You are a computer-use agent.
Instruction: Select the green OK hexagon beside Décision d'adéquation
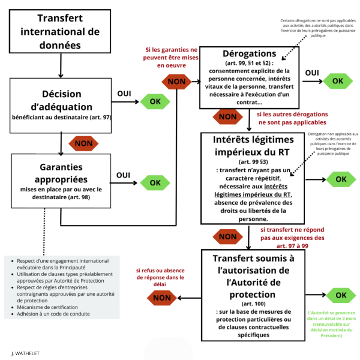155,101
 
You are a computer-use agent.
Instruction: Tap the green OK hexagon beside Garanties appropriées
155,182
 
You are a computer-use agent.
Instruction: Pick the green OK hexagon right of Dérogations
338,80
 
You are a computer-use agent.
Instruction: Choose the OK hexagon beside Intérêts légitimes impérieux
341,179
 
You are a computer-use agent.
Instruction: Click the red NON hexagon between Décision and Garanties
83,144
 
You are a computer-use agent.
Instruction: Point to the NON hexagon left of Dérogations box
176,80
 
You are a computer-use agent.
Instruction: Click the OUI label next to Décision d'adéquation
124,94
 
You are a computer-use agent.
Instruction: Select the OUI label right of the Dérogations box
312,73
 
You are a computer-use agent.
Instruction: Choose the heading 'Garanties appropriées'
61,172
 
